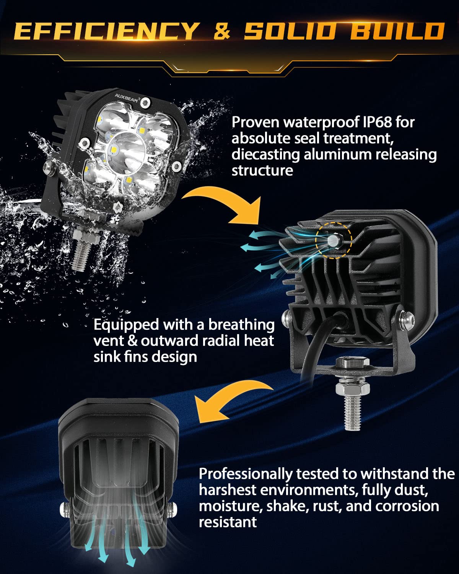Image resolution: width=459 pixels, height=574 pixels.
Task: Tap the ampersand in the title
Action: [x=222, y=31]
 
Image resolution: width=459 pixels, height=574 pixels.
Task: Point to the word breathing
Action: [x=241, y=325]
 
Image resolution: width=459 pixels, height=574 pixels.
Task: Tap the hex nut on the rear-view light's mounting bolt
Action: [x=352, y=390]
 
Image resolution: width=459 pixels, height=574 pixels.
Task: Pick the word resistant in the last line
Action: [x=228, y=522]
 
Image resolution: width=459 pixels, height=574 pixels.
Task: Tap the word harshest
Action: [x=227, y=490]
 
